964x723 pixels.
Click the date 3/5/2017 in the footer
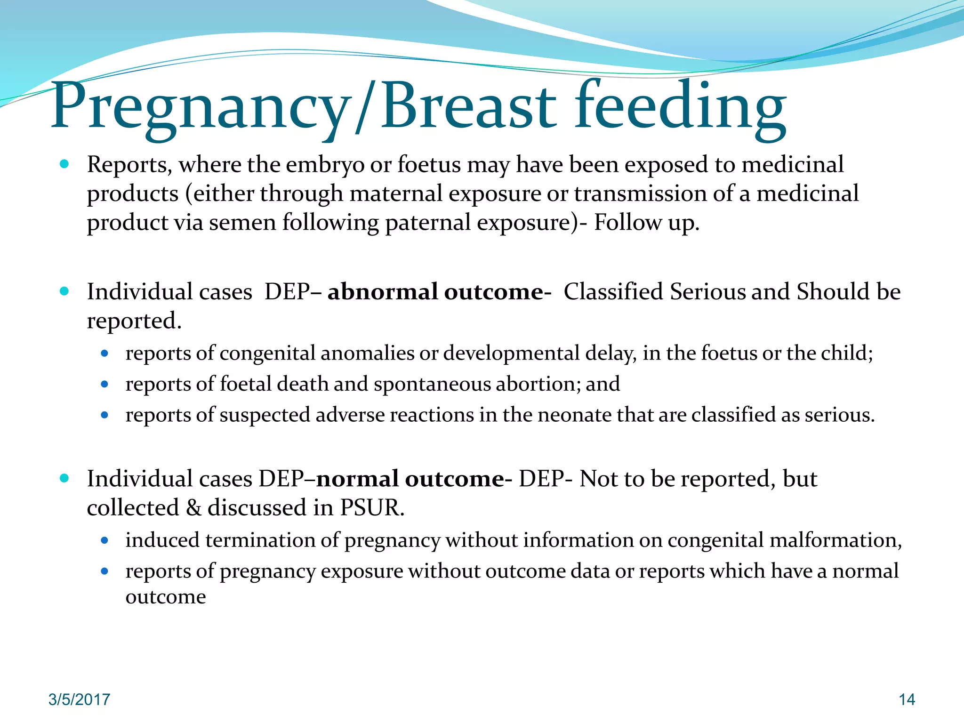pos(79,699)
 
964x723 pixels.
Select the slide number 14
pos(907,699)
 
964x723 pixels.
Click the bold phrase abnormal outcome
pos(435,292)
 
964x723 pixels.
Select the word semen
pos(242,223)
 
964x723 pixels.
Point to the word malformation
pos(835,540)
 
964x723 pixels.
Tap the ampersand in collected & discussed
pos(193,508)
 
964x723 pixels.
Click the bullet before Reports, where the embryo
pos(64,165)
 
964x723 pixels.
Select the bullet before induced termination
pos(104,541)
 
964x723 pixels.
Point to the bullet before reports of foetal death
pos(104,385)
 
